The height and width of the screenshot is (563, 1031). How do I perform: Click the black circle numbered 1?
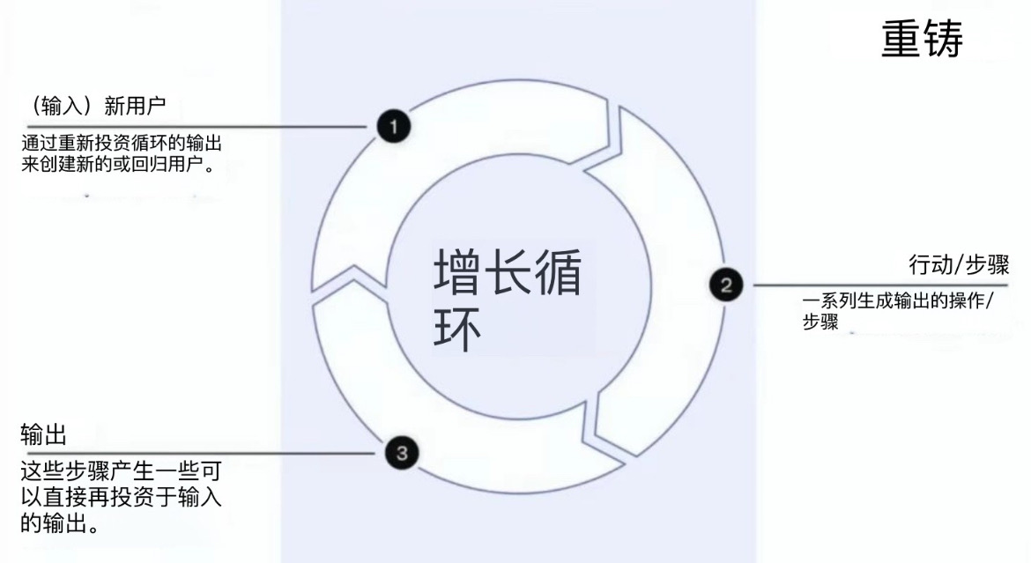click(x=394, y=126)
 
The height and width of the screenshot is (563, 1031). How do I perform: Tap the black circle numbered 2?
click(x=726, y=285)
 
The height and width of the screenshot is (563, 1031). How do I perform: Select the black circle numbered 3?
click(x=402, y=453)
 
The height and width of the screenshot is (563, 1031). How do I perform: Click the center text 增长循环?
click(x=508, y=300)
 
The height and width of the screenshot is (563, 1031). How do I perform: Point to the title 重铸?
click(x=922, y=39)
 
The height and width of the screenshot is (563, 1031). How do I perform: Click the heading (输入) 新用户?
click(x=97, y=105)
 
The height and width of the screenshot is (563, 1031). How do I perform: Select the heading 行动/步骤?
click(x=959, y=264)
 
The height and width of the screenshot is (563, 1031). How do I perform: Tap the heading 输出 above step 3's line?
click(x=43, y=434)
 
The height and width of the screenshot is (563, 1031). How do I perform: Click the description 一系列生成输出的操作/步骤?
click(x=898, y=310)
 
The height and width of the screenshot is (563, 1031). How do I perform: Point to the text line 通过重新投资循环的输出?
click(x=122, y=143)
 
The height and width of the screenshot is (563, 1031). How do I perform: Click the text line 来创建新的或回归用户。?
click(x=119, y=164)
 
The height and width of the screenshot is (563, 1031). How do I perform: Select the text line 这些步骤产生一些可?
click(x=121, y=470)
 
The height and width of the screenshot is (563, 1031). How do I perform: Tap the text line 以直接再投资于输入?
click(x=121, y=497)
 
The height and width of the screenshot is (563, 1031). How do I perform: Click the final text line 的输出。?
click(x=60, y=523)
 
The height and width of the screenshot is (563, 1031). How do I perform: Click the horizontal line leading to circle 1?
click(x=197, y=126)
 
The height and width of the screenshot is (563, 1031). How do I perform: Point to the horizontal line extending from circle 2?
click(x=880, y=285)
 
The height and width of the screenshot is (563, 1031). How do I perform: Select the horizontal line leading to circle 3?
click(x=197, y=453)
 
